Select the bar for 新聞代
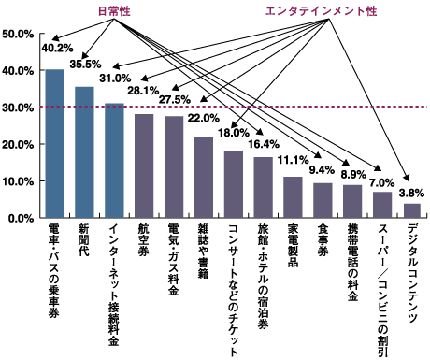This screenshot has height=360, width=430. [x=84, y=151]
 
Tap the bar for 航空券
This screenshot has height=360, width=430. [x=144, y=166]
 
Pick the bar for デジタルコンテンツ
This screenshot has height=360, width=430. [x=411, y=210]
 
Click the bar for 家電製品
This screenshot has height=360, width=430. [x=293, y=196]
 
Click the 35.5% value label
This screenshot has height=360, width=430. [x=86, y=65]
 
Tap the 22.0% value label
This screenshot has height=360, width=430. [x=204, y=119]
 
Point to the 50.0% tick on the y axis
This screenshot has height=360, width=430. [x=19, y=35]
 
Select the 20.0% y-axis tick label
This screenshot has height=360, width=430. [x=19, y=145]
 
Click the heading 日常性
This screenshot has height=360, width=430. [x=117, y=10]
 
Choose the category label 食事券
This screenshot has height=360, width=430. [x=322, y=243]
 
